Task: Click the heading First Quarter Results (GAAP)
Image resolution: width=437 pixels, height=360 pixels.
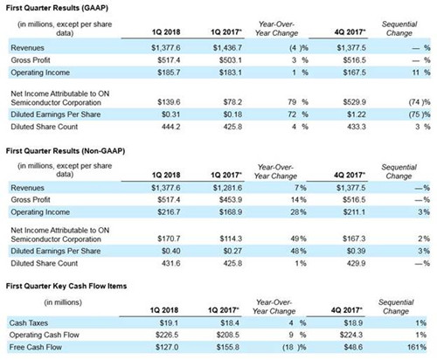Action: [57, 8]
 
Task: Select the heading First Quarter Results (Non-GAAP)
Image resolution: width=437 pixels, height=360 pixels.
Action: [66, 151]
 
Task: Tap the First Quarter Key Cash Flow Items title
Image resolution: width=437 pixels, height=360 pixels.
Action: [66, 286]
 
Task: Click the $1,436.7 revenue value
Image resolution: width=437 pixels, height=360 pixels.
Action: [227, 48]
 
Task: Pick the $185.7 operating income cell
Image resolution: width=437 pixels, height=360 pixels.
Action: [169, 73]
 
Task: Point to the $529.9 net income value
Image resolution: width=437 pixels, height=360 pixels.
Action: [355, 102]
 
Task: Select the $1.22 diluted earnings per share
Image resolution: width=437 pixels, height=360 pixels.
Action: [357, 114]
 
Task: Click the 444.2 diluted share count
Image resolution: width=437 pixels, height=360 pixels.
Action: [171, 127]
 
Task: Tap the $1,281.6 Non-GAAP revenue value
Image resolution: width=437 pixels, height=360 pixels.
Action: [227, 188]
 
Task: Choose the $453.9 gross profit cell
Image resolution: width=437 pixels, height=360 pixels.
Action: [231, 200]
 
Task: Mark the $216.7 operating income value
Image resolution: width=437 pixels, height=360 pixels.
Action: [169, 212]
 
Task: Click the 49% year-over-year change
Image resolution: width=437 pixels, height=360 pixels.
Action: [299, 239]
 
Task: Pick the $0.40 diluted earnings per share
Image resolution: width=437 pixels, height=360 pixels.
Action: [171, 251]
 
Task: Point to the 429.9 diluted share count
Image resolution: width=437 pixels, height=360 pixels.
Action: [356, 264]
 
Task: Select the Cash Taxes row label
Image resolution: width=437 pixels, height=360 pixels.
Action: [29, 323]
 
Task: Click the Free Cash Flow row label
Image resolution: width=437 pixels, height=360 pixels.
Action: [36, 347]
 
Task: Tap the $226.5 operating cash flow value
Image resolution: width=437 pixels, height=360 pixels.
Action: [167, 335]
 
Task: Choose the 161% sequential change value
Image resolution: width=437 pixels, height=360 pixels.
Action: [417, 347]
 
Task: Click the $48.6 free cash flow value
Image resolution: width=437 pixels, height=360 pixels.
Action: [353, 347]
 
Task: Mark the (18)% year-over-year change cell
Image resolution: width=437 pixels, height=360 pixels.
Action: [294, 347]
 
